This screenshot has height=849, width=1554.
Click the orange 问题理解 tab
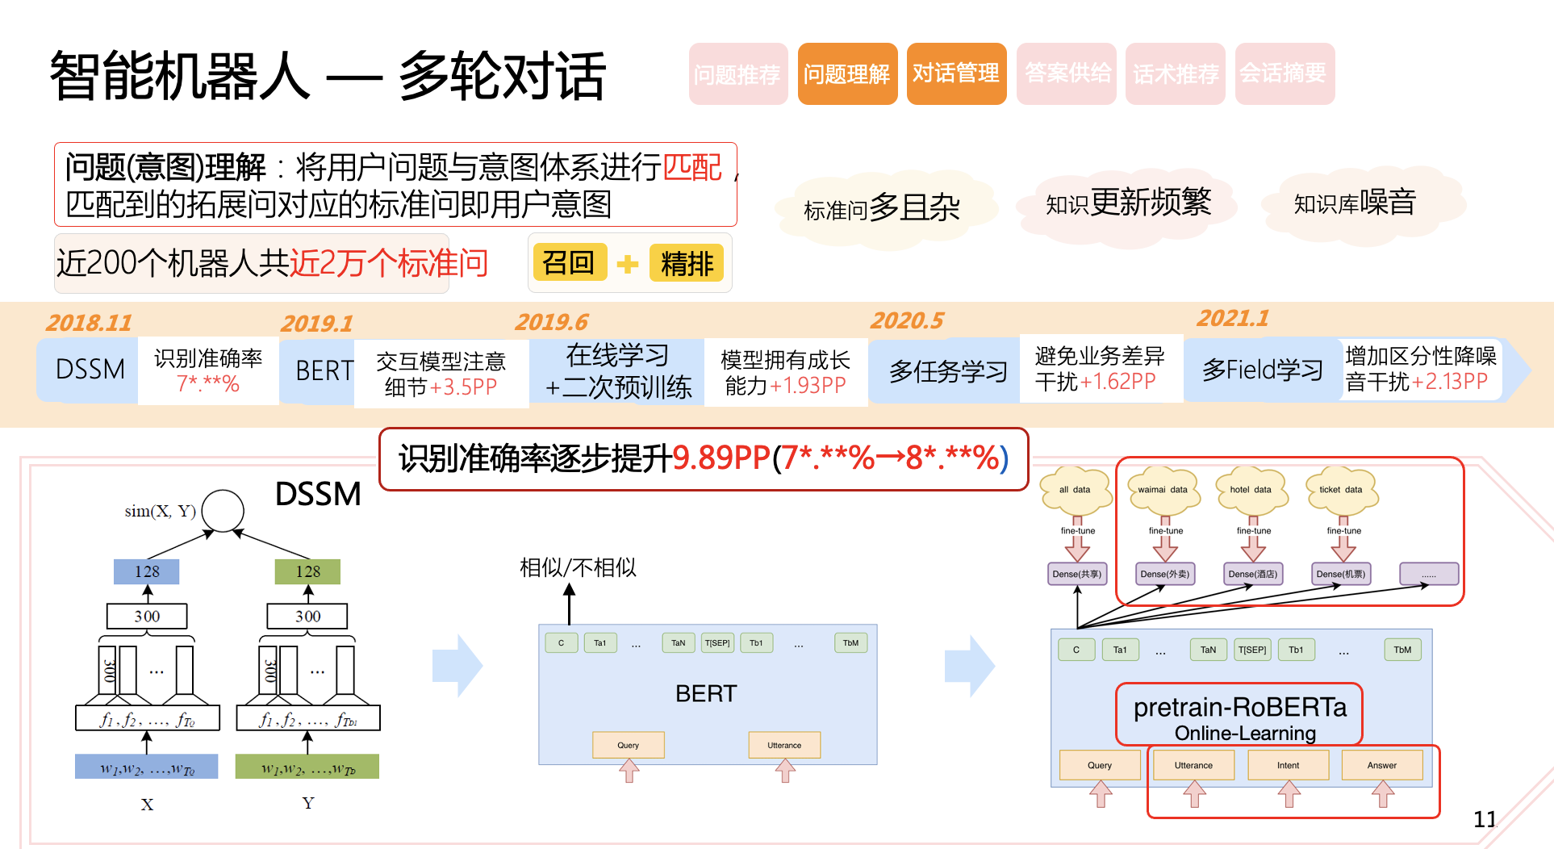[847, 74]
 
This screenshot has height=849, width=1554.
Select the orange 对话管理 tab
[956, 74]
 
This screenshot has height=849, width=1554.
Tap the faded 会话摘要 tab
[1284, 74]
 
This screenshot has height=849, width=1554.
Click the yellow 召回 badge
[569, 263]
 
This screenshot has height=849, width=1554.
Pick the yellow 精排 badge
[687, 264]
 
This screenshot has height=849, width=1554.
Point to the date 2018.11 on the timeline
[89, 323]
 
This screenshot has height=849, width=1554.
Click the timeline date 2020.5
[907, 321]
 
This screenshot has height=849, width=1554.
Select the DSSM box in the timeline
[90, 370]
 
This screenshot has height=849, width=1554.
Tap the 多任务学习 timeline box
[948, 371]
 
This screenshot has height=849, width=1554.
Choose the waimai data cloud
[1163, 491]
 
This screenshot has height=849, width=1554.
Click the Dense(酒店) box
[1252, 574]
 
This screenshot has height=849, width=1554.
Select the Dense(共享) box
[1077, 574]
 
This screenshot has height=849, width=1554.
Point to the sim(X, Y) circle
[223, 510]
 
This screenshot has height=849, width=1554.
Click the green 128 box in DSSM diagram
[307, 571]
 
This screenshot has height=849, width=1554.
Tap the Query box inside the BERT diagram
[629, 745]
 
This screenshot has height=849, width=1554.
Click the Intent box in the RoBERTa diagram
[1288, 765]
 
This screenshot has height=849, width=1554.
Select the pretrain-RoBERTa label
[1239, 708]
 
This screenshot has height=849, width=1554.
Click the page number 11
[1485, 819]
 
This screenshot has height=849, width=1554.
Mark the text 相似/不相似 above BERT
[578, 568]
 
